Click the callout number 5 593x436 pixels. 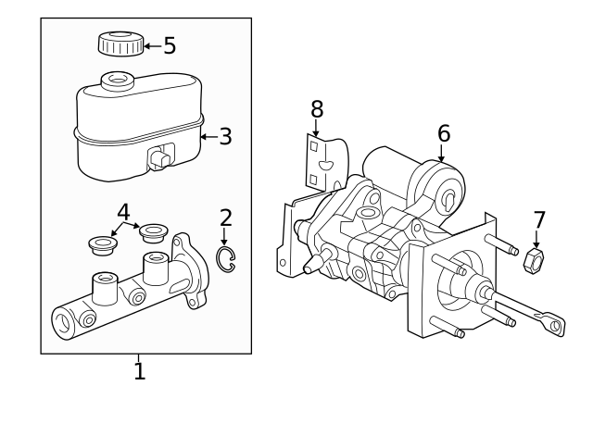169,45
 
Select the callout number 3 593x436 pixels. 224,137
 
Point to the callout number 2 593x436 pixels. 225,218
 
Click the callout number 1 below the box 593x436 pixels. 139,372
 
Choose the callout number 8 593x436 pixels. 317,109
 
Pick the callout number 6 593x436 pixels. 444,133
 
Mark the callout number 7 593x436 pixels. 538,220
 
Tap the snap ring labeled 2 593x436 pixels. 225,258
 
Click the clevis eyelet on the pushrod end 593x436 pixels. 556,324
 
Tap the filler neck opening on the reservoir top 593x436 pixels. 116,80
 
